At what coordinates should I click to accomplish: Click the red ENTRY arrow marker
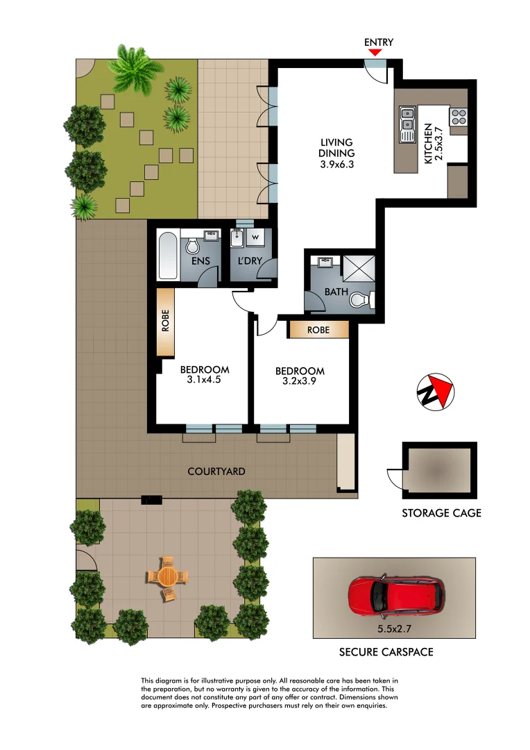tap(375, 53)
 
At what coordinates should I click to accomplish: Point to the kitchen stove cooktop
tap(459, 117)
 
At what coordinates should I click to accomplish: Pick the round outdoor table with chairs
tap(167, 576)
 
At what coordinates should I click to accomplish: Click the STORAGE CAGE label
tap(441, 514)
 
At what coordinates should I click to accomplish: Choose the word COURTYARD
tap(216, 472)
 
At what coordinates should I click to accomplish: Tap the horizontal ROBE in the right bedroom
tap(318, 329)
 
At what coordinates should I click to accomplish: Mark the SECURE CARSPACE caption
tap(386, 652)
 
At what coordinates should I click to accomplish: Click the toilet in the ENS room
tap(194, 247)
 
